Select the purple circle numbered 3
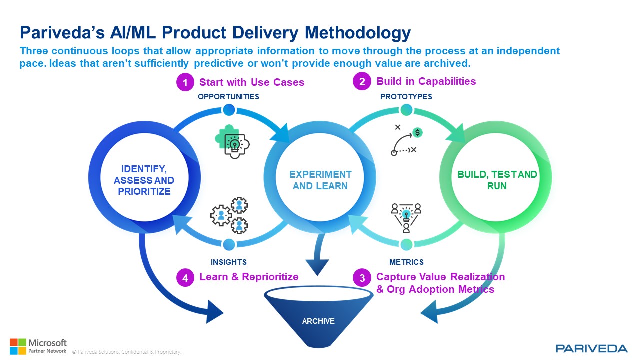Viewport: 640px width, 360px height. [362, 278]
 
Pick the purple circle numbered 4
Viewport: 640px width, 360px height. [185, 278]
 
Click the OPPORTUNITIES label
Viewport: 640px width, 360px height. [228, 97]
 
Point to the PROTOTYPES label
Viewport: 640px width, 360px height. [406, 97]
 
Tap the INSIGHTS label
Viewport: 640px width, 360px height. [228, 262]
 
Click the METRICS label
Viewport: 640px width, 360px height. [406, 262]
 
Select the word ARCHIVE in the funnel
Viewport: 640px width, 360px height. [318, 321]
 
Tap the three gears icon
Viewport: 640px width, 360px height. [229, 215]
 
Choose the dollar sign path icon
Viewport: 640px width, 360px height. [406, 141]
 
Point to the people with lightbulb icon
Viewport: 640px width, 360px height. [406, 216]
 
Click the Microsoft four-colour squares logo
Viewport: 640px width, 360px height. [17, 346]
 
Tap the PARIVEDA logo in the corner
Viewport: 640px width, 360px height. [591, 348]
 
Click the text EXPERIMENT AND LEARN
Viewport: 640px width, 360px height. [320, 180]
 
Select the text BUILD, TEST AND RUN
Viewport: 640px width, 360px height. [497, 180]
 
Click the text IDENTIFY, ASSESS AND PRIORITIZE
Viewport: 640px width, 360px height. [144, 180]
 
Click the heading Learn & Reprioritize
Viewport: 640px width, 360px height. [249, 277]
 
